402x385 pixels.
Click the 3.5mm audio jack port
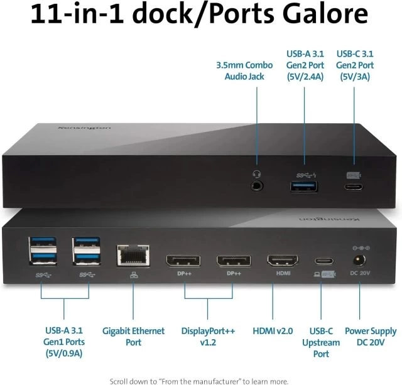257,186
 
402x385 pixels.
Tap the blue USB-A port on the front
304,187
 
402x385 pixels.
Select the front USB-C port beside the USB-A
354,187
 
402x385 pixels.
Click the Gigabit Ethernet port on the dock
133,255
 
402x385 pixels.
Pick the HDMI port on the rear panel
283,261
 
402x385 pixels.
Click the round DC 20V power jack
359,261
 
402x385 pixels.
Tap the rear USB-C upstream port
324,261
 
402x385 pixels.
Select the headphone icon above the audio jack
257,175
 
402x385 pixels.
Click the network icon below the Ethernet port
134,275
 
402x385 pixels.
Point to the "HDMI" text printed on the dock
283,273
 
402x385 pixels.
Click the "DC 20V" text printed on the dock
360,273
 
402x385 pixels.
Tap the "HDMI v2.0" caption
273,331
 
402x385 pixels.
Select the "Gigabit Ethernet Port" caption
133,337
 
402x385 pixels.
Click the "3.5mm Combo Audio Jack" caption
244,71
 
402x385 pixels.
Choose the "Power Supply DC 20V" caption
371,337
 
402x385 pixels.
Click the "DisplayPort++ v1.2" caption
208,337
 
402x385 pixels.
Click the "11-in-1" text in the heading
77,14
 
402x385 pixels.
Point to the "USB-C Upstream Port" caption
321,342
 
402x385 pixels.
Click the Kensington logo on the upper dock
85,127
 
